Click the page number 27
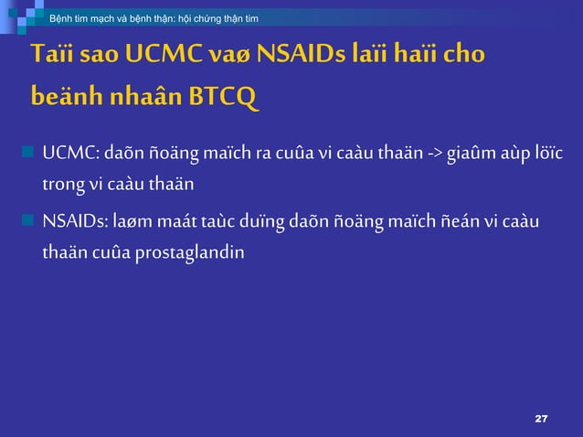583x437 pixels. point(541,418)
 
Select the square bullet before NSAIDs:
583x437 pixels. point(28,221)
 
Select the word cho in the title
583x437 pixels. point(464,56)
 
